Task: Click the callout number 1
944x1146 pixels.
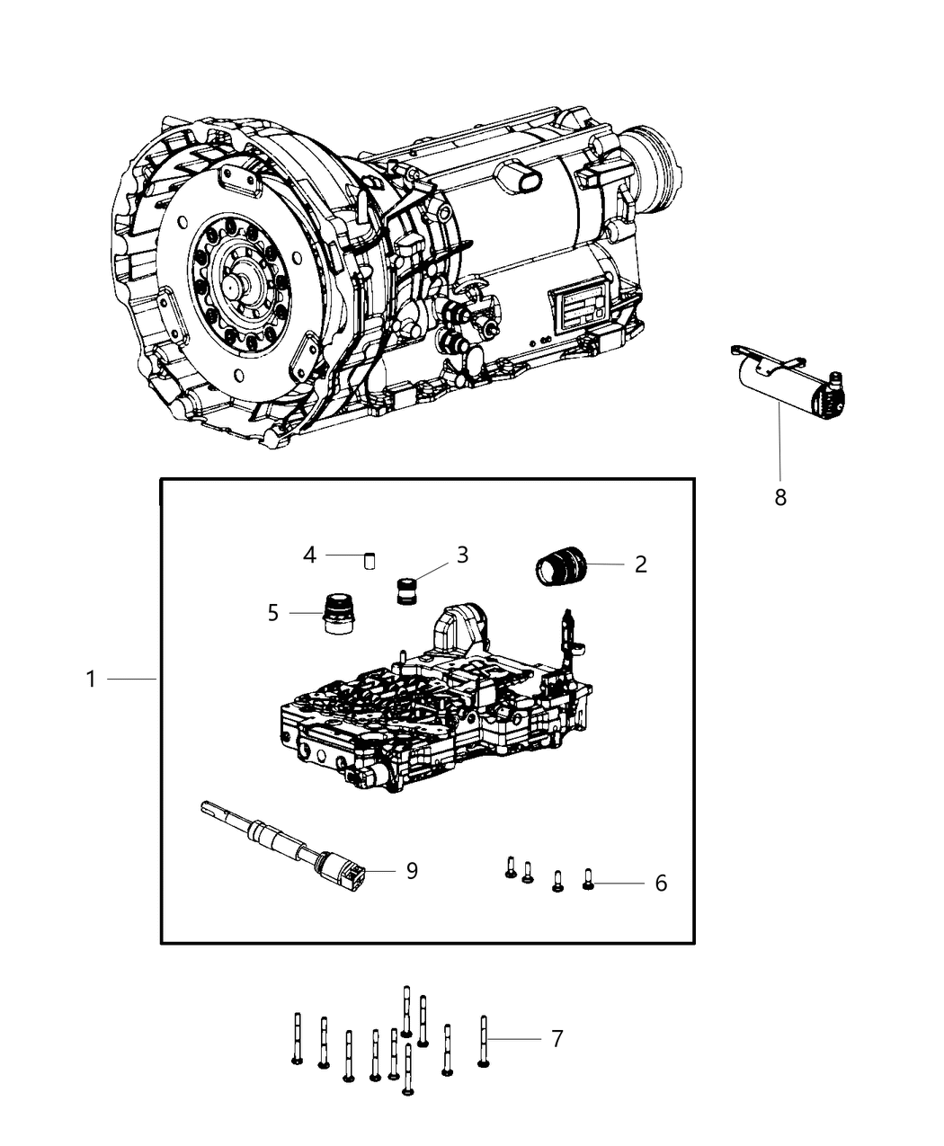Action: click(91, 680)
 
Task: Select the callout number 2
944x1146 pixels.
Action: click(640, 564)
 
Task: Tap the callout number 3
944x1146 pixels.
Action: click(462, 555)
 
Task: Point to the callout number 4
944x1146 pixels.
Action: click(309, 555)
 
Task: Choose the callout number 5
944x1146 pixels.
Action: click(273, 613)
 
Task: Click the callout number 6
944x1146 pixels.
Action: click(661, 884)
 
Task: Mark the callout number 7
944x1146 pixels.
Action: click(557, 1039)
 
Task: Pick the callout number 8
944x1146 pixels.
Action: click(780, 496)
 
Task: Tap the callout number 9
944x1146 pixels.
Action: click(412, 871)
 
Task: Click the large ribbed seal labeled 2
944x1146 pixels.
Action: click(561, 571)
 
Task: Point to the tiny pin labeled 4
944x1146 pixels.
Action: click(369, 562)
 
